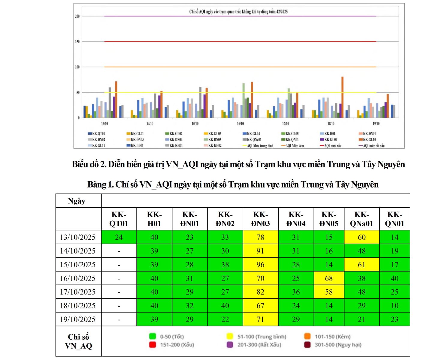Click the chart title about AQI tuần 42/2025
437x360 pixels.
[238, 12]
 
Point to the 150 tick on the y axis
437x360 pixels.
[77, 42]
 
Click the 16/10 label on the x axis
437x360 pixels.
[240, 124]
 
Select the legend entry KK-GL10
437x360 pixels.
[369, 139]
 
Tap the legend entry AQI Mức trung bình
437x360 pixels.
[260, 146]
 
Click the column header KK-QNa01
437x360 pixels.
[361, 219]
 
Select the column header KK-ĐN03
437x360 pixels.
[260, 219]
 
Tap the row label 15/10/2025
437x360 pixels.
[78, 265]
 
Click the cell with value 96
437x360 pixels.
[260, 265]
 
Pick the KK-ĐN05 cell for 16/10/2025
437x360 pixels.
[329, 278]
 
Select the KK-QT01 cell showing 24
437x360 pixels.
[119, 237]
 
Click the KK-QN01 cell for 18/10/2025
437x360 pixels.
[394, 306]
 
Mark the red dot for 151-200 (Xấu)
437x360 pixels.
[153, 345]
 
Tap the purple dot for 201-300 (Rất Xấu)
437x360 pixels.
[230, 345]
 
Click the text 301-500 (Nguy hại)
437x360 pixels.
[338, 345]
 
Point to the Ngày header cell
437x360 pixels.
[77, 201]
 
